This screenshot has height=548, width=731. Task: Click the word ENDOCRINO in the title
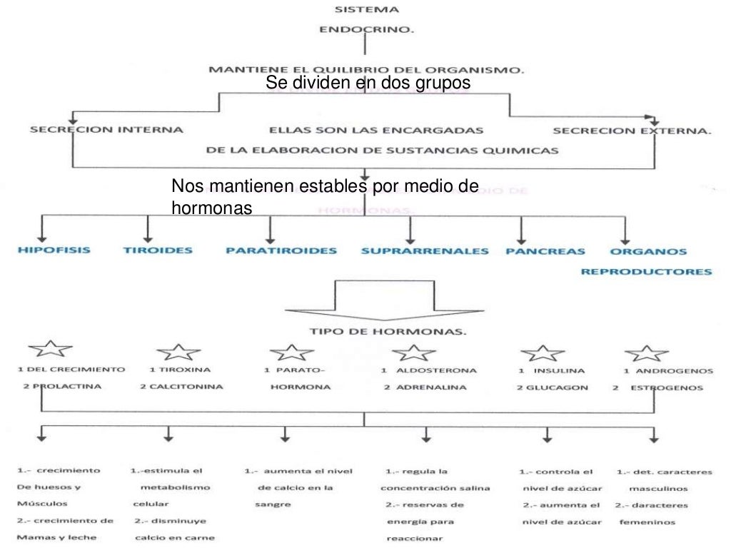pos(365,31)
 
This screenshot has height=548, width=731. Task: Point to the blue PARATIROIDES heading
pos(281,251)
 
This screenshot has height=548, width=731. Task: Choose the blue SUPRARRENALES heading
pos(425,251)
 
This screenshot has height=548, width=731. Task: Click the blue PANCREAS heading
pos(545,251)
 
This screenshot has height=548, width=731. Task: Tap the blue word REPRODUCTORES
pos(646,271)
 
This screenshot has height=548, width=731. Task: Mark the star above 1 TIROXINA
pos(178,351)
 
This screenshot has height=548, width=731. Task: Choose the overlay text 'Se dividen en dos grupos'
pos(368,84)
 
